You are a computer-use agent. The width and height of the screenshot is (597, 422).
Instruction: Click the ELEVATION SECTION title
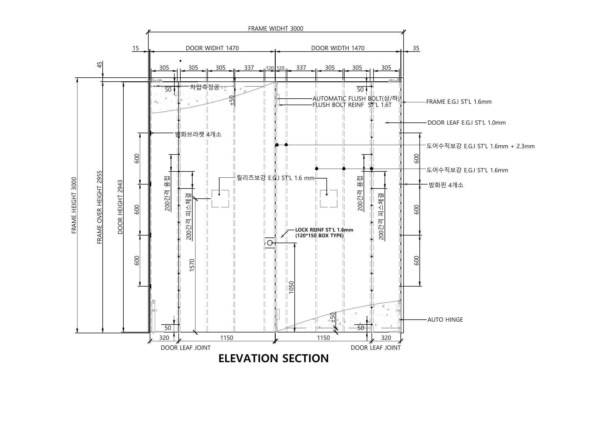[x=273, y=358]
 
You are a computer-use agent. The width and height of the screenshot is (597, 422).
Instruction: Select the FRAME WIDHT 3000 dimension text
[x=276, y=29]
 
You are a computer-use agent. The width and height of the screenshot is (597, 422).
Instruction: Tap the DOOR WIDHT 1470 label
[x=212, y=48]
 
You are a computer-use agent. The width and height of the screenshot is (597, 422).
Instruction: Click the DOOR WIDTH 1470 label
[x=338, y=48]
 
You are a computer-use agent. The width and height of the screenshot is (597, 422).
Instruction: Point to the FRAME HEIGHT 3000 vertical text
[x=74, y=205]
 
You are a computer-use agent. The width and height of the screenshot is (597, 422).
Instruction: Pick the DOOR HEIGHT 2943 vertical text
[x=120, y=207]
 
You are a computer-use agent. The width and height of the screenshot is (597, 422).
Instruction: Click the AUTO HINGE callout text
[x=445, y=320]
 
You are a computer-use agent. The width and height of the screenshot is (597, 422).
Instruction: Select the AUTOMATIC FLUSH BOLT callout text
[x=356, y=99]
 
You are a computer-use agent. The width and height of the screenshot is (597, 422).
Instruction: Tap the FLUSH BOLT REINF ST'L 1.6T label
[x=352, y=105]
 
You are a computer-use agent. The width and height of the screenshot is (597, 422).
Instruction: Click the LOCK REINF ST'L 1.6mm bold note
[x=324, y=230]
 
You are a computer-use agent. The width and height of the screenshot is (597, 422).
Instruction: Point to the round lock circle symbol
[x=270, y=243]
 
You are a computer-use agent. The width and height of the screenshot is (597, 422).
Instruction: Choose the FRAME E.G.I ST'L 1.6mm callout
[x=459, y=102]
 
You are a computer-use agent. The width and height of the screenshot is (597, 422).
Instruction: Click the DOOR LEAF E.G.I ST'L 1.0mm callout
[x=467, y=123]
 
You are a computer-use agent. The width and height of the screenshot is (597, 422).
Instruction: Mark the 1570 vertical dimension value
[x=192, y=265]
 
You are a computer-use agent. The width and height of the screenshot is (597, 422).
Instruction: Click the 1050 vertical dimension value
[x=292, y=287]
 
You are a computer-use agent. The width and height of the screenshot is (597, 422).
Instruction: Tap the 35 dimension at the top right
[x=416, y=48]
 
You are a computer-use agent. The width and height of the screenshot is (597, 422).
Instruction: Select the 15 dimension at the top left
[x=136, y=48]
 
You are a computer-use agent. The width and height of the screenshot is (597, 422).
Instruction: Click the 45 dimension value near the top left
[x=99, y=65]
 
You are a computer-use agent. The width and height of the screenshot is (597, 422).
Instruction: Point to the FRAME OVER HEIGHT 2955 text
[x=100, y=207]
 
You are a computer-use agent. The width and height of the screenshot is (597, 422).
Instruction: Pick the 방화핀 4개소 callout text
[x=446, y=185]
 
